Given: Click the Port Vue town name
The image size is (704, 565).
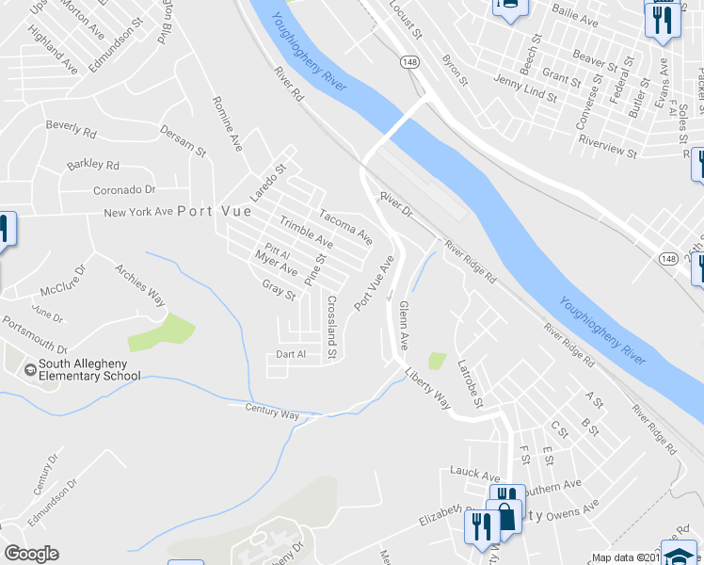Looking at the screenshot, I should tap(216, 212).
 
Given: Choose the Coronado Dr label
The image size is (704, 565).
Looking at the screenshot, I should tap(122, 189).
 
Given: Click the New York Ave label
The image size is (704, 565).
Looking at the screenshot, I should tap(138, 213).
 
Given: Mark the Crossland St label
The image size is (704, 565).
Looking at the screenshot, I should tap(331, 328).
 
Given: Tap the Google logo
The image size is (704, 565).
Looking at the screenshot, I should tap(31, 554).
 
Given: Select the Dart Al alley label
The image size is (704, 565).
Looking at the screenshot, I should tap(291, 354).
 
